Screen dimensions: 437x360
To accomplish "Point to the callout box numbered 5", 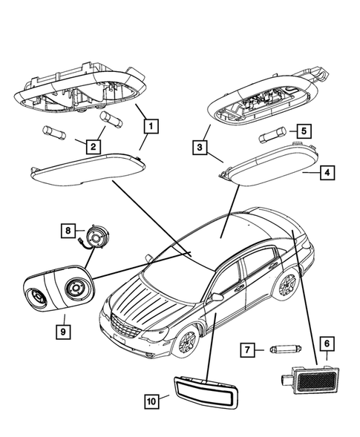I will click(305, 131).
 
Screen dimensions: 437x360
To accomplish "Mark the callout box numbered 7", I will click(250, 348).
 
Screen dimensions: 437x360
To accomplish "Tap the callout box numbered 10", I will click(152, 401).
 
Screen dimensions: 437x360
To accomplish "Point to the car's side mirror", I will click(217, 297).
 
